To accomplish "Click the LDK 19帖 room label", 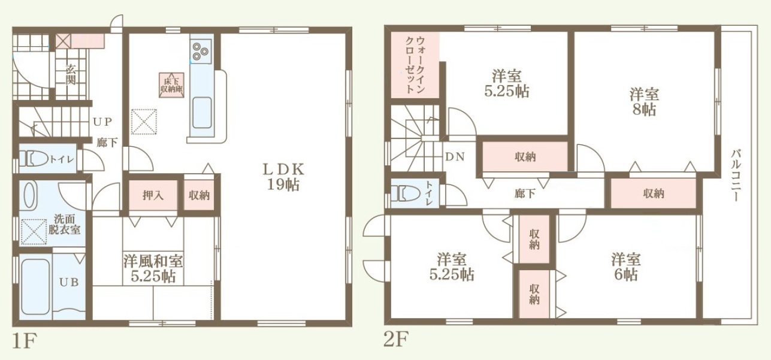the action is [283, 177].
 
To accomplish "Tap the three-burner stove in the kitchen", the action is [200, 52].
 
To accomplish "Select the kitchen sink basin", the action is [202, 113].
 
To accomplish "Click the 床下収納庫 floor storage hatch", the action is [171, 84].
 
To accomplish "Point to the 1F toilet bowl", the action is [34, 159].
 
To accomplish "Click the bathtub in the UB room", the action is [36, 287].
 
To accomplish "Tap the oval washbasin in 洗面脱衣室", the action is [30, 195].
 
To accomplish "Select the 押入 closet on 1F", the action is [153, 195].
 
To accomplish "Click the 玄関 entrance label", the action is [71, 75].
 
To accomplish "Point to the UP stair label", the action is [102, 122].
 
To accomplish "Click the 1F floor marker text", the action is [24, 341].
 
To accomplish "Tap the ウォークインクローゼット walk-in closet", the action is [415, 65].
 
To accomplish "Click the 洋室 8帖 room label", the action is [644, 101].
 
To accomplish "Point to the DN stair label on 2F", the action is [455, 156].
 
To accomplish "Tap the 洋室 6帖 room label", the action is [626, 267].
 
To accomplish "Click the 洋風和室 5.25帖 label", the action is [153, 268].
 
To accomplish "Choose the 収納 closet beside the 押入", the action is [199, 195].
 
